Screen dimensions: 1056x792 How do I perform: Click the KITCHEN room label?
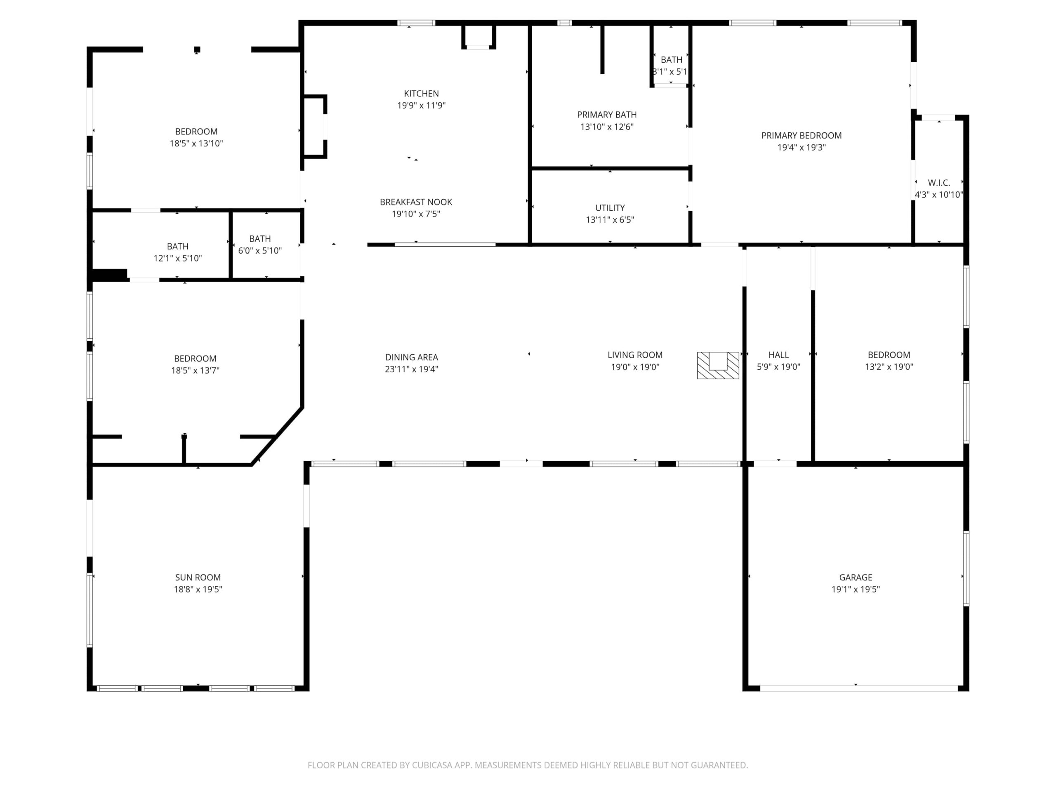tap(421, 94)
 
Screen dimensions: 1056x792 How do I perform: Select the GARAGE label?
tap(856, 577)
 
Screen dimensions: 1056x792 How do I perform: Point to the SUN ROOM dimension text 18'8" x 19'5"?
tap(198, 589)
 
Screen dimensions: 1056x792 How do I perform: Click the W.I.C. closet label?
tap(938, 183)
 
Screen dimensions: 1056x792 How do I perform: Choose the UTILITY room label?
tap(610, 207)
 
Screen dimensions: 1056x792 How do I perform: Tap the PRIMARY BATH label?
tap(607, 115)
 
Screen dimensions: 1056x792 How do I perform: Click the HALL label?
tap(778, 355)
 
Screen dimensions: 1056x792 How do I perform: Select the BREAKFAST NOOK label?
tap(416, 202)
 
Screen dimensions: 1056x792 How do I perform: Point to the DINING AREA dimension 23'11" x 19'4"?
tap(412, 369)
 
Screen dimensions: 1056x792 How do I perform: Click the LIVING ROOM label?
tap(635, 355)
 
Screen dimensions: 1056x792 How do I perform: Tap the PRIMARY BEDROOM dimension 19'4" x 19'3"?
tap(801, 148)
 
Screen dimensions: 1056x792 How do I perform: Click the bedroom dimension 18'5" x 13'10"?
tap(196, 144)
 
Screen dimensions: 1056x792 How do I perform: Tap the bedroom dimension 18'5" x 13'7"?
tap(195, 370)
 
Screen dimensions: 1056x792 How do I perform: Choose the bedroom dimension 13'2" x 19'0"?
tap(889, 367)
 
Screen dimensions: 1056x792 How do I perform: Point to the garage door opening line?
tap(859, 688)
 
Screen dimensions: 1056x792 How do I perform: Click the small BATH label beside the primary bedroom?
tap(671, 60)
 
